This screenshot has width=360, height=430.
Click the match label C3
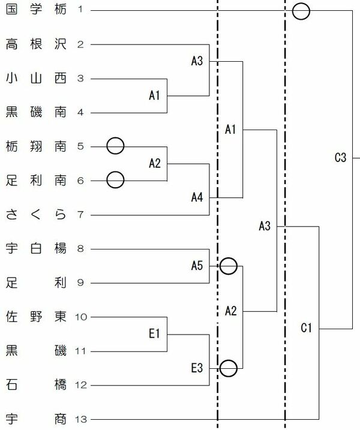340,158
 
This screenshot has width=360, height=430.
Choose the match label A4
199,197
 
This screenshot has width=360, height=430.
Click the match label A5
199,265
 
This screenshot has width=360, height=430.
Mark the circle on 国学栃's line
301,11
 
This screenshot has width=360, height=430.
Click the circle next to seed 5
115,146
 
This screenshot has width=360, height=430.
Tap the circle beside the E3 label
228,368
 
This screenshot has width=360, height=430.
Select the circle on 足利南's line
115,179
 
